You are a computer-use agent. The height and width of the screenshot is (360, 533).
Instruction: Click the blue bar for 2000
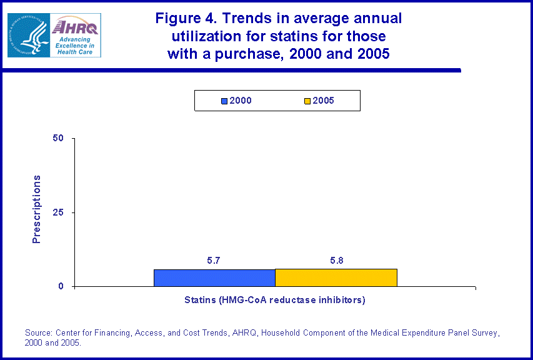(x=214, y=278)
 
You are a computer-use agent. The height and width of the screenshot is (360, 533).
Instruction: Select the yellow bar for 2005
(x=336, y=278)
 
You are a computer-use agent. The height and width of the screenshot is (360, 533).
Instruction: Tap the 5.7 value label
(x=214, y=259)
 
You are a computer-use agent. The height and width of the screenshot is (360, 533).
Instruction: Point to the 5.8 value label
(x=336, y=259)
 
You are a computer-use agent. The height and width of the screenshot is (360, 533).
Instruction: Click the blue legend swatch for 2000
(x=224, y=101)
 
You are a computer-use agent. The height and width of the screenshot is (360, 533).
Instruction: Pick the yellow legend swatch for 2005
(x=307, y=101)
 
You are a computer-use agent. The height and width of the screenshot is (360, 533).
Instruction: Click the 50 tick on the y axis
(x=60, y=138)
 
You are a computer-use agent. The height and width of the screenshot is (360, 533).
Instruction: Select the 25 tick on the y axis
(x=60, y=212)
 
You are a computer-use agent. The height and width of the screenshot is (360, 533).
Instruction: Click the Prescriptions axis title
(x=36, y=209)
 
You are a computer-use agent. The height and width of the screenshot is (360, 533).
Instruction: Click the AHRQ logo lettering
(x=75, y=27)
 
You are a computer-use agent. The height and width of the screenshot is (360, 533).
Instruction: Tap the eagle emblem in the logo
(x=29, y=35)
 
